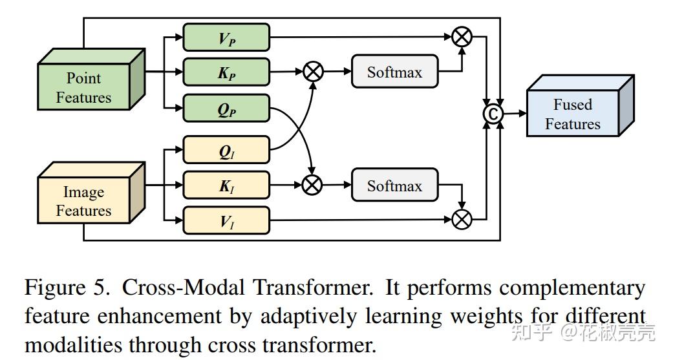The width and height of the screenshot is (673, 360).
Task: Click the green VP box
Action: tap(226, 37)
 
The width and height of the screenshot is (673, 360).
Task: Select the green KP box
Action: tap(226, 72)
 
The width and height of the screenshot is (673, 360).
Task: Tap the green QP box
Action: tap(226, 109)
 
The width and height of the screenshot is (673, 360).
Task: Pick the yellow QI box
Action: tap(226, 150)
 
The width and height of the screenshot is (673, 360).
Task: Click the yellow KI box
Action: tap(226, 185)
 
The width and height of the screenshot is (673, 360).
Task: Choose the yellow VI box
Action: tap(226, 220)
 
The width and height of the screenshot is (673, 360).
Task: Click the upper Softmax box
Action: tap(394, 72)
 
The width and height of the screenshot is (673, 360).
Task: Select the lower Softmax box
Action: tap(394, 185)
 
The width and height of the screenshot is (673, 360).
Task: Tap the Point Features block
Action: tap(91, 79)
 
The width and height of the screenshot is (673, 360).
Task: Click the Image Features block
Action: tap(91, 193)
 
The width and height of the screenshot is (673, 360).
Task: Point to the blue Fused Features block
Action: tap(580, 106)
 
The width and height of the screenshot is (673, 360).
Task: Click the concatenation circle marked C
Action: tap(493, 114)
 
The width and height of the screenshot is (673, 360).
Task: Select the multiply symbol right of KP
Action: tap(314, 71)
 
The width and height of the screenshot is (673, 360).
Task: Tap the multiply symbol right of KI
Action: tap(312, 185)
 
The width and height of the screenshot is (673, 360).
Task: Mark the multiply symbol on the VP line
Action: tap(462, 37)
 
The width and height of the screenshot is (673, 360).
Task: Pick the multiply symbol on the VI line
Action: tap(462, 220)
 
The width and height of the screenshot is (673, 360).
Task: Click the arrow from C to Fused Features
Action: tap(515, 114)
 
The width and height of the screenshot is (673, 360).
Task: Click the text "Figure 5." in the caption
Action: tap(67, 288)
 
